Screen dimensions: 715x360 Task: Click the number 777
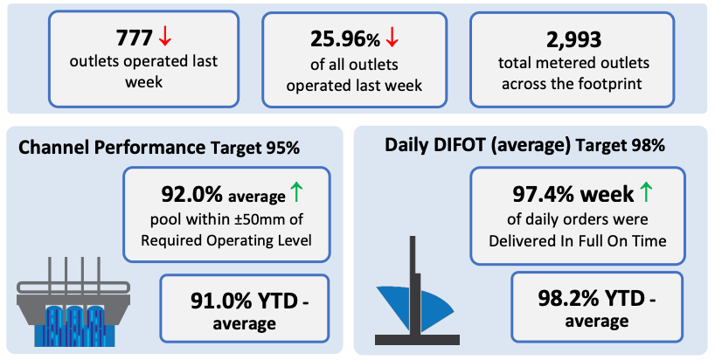pyautogui.click(x=134, y=38)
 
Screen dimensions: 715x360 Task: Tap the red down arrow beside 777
pyautogui.click(x=164, y=38)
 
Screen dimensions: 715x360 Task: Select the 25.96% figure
pyautogui.click(x=345, y=39)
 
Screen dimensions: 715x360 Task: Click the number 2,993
pyautogui.click(x=574, y=40)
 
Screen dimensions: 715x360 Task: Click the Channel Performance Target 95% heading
pyautogui.click(x=159, y=148)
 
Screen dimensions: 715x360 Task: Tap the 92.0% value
pyautogui.click(x=191, y=195)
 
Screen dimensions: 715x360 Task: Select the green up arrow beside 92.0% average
pyautogui.click(x=296, y=192)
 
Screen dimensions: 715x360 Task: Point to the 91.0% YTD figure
pyautogui.click(x=244, y=301)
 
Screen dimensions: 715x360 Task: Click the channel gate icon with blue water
pyautogui.click(x=74, y=301)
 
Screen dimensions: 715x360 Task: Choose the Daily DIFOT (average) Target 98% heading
pyautogui.click(x=524, y=145)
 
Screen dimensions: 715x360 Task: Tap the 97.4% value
pyautogui.click(x=542, y=195)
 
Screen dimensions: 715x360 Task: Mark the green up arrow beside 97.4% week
pyautogui.click(x=646, y=192)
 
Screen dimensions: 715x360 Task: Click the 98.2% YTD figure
pyautogui.click(x=592, y=299)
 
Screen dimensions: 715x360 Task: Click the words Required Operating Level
pyautogui.click(x=226, y=240)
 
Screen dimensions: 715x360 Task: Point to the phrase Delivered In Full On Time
pyautogui.click(x=577, y=240)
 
